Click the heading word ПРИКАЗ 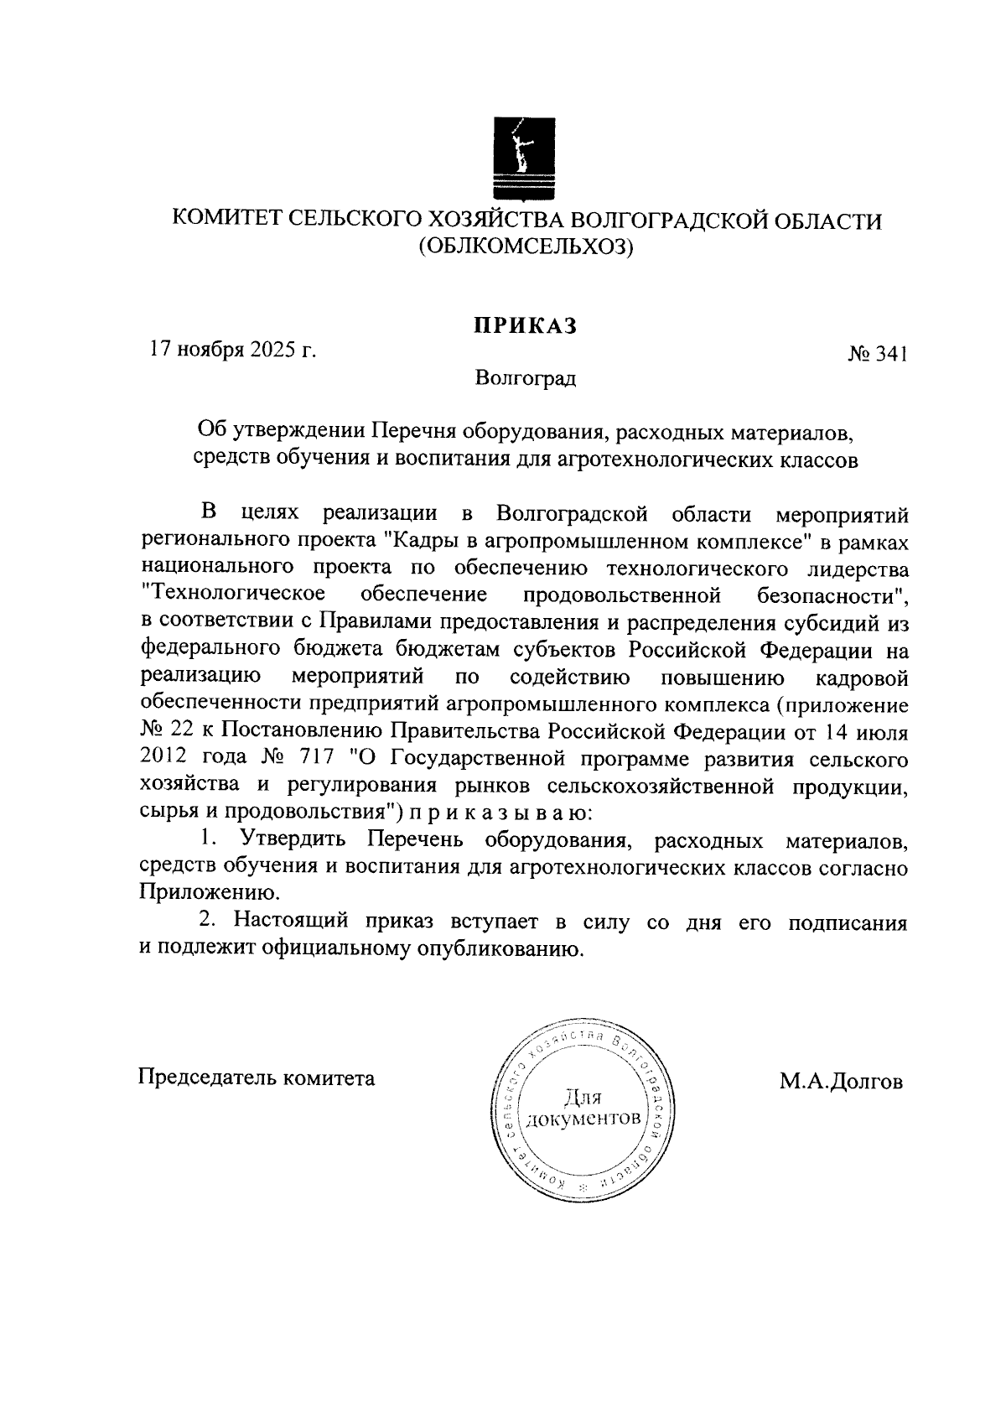tap(525, 326)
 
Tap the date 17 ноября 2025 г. tap(232, 350)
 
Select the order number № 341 tap(877, 356)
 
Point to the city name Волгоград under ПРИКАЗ tap(525, 379)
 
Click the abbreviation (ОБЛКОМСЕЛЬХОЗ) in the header tap(525, 247)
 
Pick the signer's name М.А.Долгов tap(841, 1082)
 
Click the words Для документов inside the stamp tap(584, 1109)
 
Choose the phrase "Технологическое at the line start tap(234, 596)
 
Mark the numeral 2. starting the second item tap(208, 921)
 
